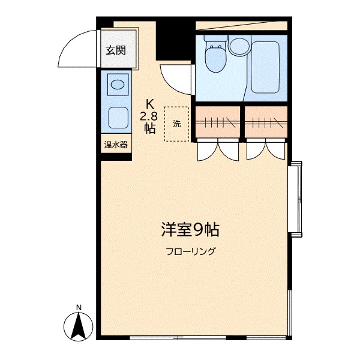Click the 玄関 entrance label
pyautogui.click(x=116, y=50)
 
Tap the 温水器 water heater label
pyautogui.click(x=116, y=145)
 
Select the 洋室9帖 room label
pyautogui.click(x=190, y=229)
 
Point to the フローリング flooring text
pyautogui.click(x=191, y=251)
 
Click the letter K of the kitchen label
pyautogui.click(x=150, y=104)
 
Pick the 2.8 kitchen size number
pyautogui.click(x=149, y=116)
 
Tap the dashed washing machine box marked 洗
pyautogui.click(x=176, y=124)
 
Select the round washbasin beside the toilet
pyautogui.click(x=239, y=46)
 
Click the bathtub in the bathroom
pyautogui.click(x=265, y=67)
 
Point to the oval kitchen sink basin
pyautogui.click(x=118, y=85)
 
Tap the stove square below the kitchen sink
pyautogui.click(x=118, y=118)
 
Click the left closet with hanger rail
pyautogui.click(x=218, y=122)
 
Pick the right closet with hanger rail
pyautogui.click(x=266, y=122)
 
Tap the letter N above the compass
pyautogui.click(x=79, y=307)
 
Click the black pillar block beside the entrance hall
pyautogui.click(x=173, y=41)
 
